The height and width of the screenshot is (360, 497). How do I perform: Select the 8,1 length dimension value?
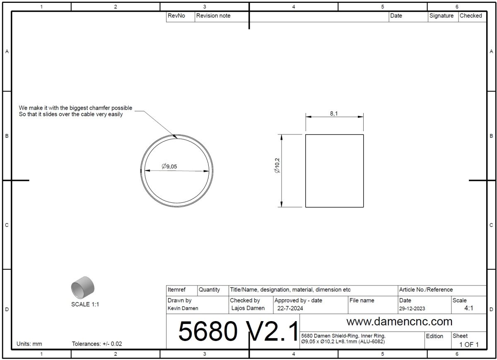pyautogui.click(x=334, y=113)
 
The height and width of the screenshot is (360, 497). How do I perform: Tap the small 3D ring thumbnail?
pyautogui.click(x=83, y=288)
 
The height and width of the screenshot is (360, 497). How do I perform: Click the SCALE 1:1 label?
pyautogui.click(x=85, y=305)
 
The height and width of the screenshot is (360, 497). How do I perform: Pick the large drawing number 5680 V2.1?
pyautogui.click(x=238, y=331)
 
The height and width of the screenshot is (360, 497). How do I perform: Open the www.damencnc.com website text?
pyautogui.click(x=399, y=321)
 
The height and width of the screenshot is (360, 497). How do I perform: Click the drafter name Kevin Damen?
pyautogui.click(x=183, y=308)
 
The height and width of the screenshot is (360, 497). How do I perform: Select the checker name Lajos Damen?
pyautogui.click(x=248, y=308)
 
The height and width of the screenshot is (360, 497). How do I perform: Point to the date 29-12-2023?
pyautogui.click(x=412, y=309)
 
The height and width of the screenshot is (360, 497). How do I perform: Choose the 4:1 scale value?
pyautogui.click(x=468, y=308)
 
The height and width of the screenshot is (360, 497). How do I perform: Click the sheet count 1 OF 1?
pyautogui.click(x=469, y=344)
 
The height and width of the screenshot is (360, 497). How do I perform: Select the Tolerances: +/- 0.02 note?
pyautogui.click(x=97, y=344)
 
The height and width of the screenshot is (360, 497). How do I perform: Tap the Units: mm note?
pyautogui.click(x=29, y=344)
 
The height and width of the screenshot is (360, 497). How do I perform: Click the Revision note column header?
pyautogui.click(x=213, y=16)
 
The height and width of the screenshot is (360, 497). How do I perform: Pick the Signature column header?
pyautogui.click(x=441, y=16)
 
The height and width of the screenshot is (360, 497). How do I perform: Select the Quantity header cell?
pyautogui.click(x=209, y=290)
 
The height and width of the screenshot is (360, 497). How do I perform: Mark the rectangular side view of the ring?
pyautogui.click(x=334, y=170)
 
